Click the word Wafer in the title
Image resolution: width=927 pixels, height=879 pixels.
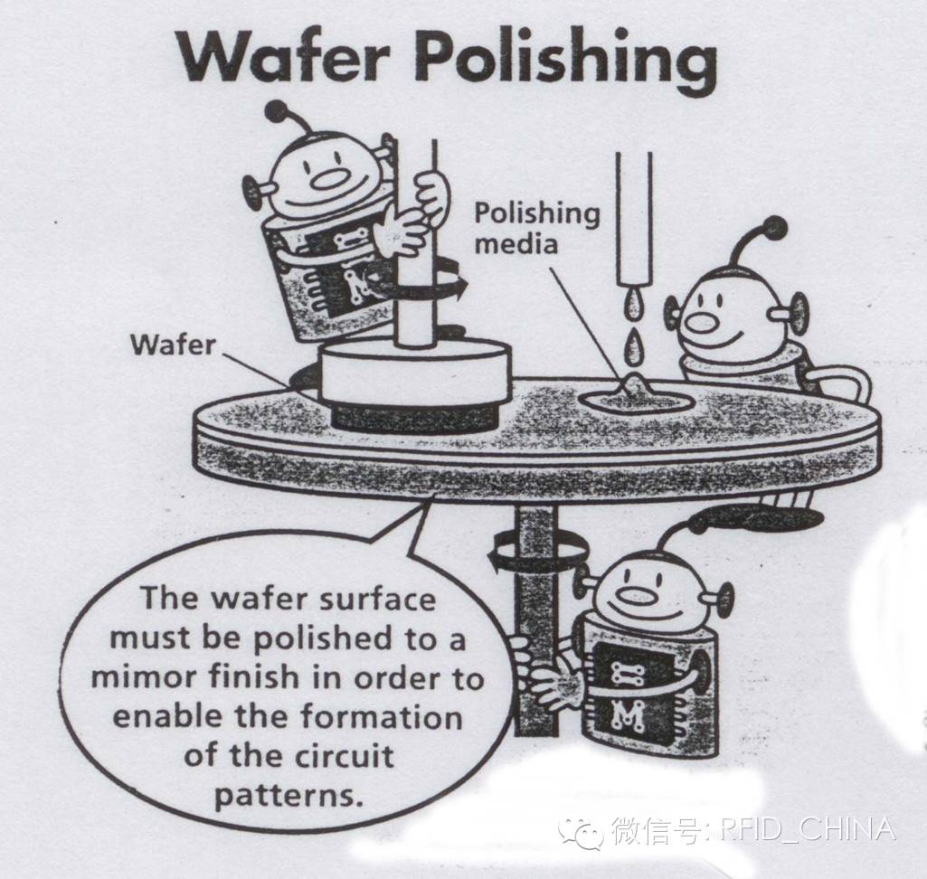point(285,55)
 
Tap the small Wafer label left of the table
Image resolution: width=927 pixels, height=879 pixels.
point(174,345)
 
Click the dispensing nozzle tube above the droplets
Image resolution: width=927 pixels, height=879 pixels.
point(634,219)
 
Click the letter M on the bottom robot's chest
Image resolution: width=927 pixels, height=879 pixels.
point(628,716)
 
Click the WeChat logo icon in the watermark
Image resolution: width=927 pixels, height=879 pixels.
point(582,833)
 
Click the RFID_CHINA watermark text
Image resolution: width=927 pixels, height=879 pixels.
point(808,830)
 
